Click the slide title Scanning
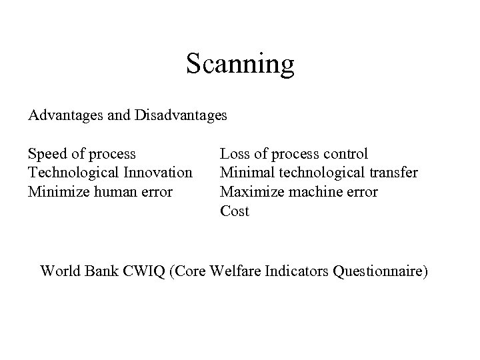tap(240, 64)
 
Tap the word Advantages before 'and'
tap(63, 115)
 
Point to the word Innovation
tap(158, 173)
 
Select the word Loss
tap(235, 155)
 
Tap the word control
tap(345, 155)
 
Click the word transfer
tap(395, 173)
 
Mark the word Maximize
tap(248, 193)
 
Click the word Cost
tap(235, 211)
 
